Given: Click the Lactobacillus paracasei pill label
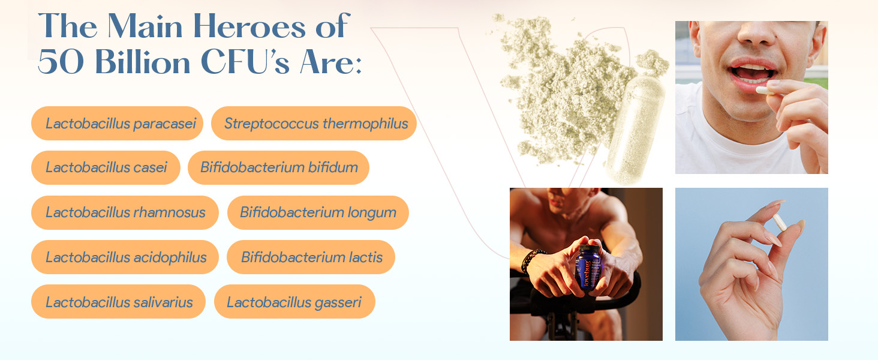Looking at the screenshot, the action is point(117,123).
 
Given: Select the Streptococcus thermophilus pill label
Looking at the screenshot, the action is point(314,123).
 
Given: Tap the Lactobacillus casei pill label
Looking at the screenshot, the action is point(106,167).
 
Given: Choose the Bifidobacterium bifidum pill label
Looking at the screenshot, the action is point(278,167).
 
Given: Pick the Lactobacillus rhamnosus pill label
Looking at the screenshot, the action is point(125,212).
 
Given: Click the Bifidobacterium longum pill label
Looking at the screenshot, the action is point(318,212).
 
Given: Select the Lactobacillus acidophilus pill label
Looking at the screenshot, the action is point(125,257).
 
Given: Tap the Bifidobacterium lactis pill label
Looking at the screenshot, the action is point(311,257).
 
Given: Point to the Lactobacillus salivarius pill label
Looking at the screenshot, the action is point(118,302).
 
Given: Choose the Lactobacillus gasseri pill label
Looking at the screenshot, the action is point(294,302).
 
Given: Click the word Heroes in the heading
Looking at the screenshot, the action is point(249,26).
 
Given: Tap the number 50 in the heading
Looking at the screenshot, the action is point(61,62).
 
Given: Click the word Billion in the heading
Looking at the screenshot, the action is point(143,62).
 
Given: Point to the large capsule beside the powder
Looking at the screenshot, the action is point(635,130).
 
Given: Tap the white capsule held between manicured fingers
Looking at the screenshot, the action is point(780,222).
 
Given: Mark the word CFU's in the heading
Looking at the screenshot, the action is point(245,62).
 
